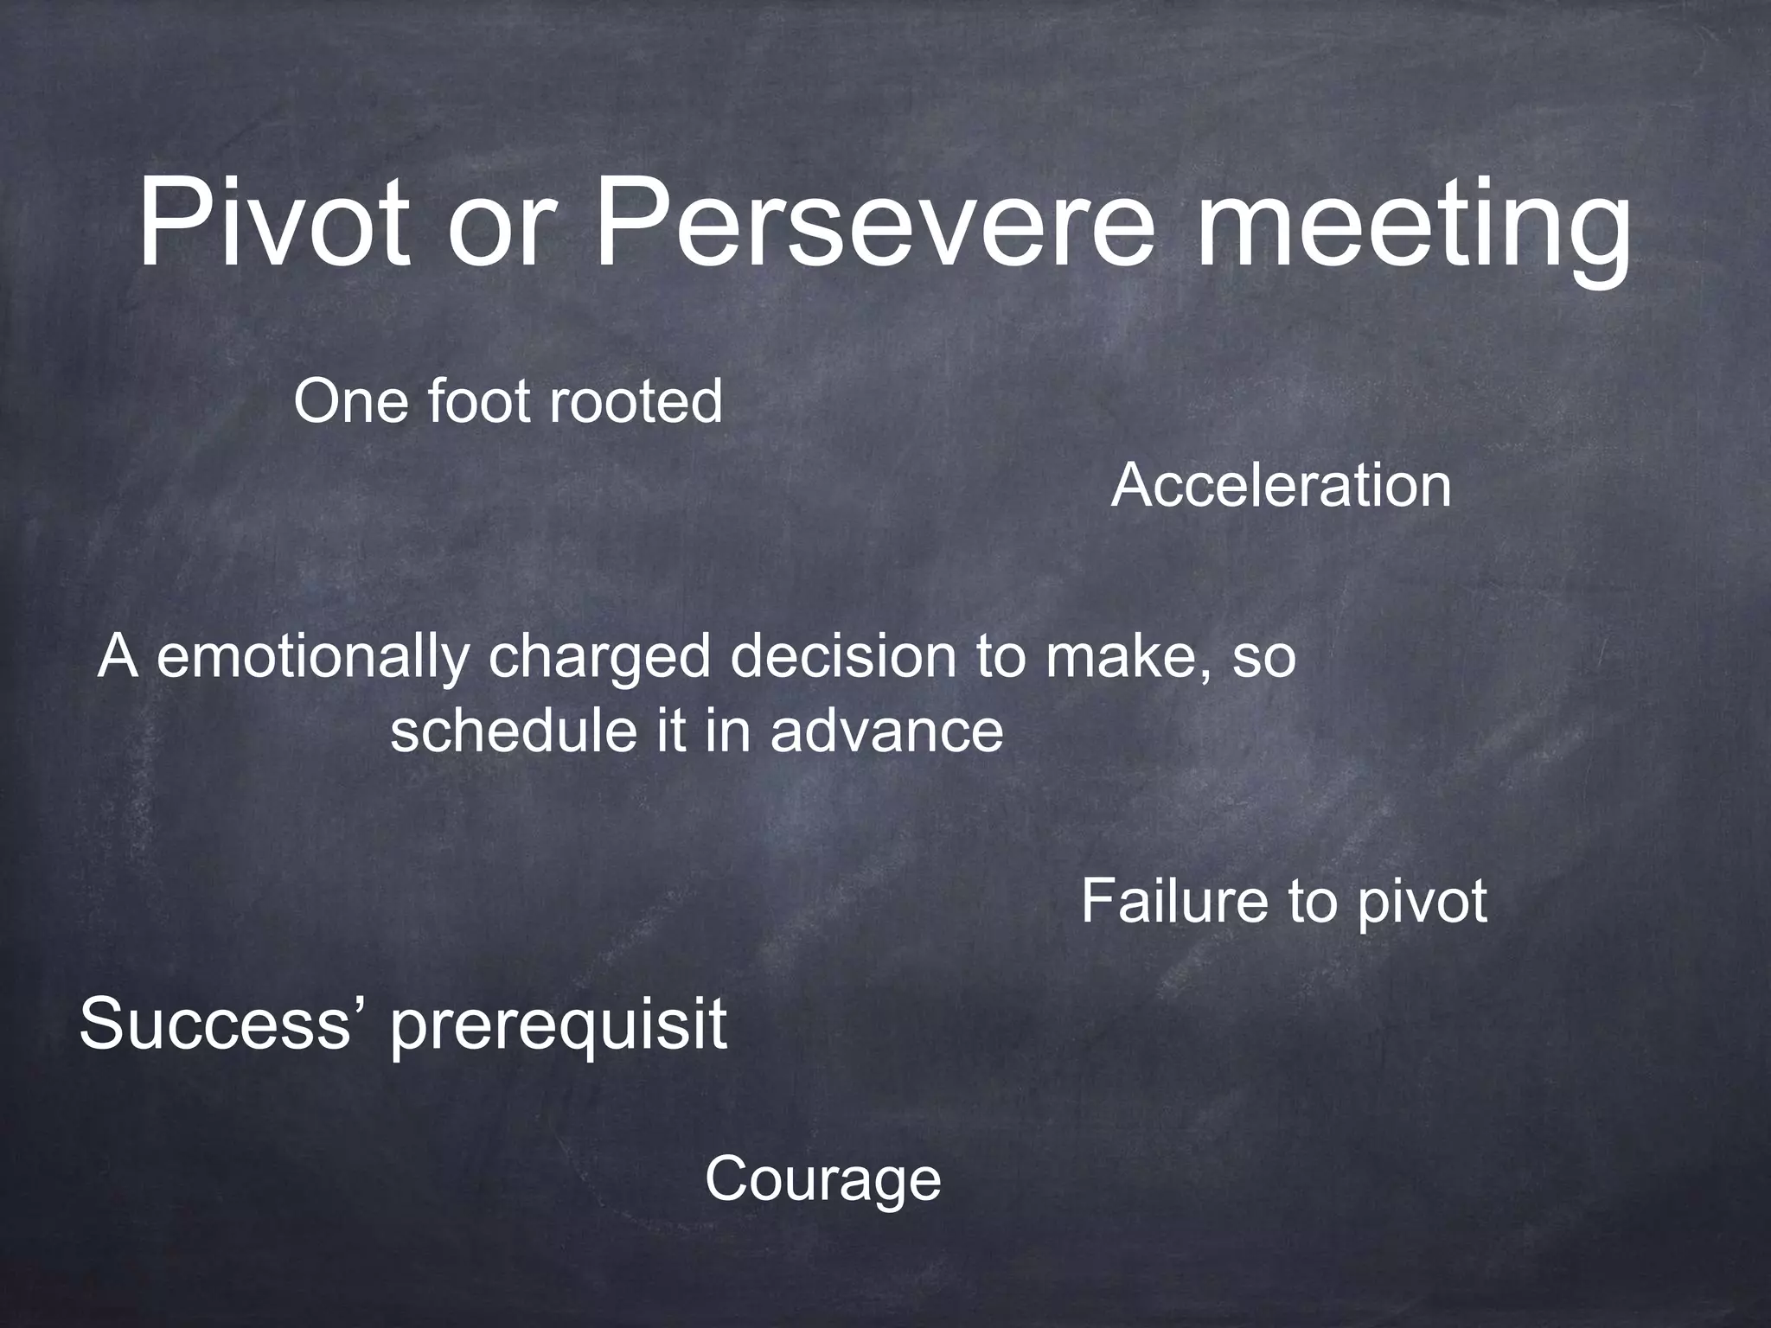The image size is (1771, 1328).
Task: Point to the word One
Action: pos(350,402)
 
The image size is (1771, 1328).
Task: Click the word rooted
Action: pos(635,402)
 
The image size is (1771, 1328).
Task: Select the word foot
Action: pos(476,402)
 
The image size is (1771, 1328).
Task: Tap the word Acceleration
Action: pos(1281,486)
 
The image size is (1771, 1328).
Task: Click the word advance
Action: pos(886,731)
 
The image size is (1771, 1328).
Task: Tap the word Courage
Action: pos(822,1181)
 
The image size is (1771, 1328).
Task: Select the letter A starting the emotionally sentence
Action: pos(118,657)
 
